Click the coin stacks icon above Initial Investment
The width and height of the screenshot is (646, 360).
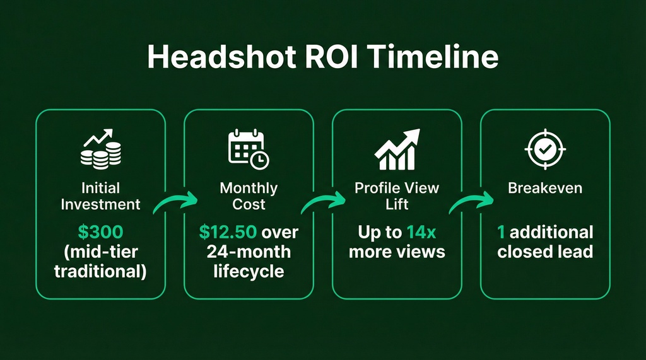(100, 150)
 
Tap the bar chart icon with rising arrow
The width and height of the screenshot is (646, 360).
(397, 150)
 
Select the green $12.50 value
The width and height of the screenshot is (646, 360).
(228, 231)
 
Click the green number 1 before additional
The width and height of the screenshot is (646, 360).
(501, 231)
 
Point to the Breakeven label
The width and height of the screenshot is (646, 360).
(545, 188)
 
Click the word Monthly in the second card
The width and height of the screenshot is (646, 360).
(248, 188)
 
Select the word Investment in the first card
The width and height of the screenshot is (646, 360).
(100, 204)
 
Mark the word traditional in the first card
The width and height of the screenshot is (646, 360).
(100, 272)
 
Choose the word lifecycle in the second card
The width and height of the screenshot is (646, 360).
(248, 272)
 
